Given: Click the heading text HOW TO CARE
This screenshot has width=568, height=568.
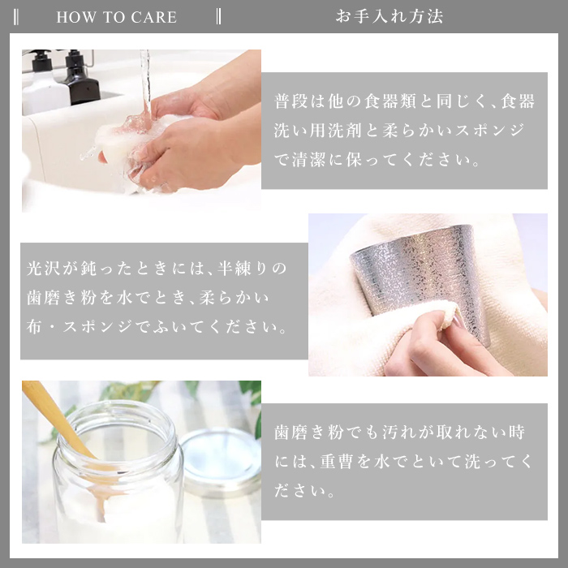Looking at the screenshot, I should (x=116, y=17).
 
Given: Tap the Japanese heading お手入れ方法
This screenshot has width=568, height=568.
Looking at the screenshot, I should (x=389, y=16).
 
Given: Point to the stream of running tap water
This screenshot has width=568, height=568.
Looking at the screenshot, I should (x=145, y=81).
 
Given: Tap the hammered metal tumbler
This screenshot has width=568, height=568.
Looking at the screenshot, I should (x=422, y=276).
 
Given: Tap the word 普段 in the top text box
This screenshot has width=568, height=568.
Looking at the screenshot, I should (x=288, y=101).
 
